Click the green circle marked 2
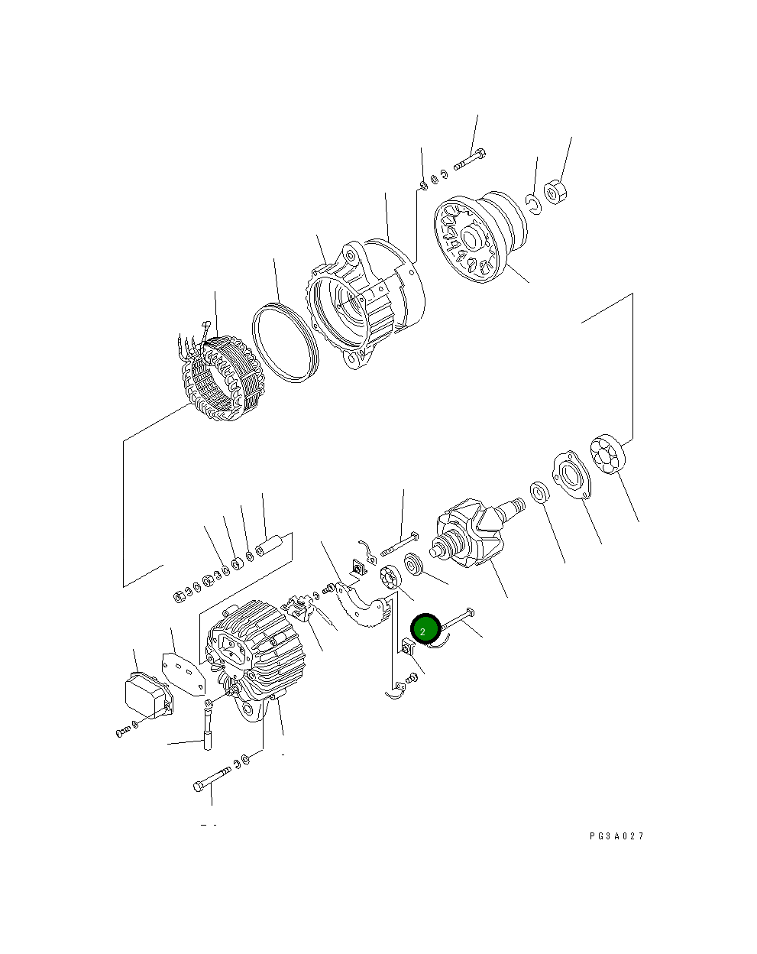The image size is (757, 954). click(x=425, y=630)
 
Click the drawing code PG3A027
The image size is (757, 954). click(x=616, y=836)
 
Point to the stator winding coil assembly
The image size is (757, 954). click(x=221, y=377)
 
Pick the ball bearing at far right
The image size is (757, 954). click(x=609, y=454)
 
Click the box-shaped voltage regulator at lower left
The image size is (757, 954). click(x=147, y=693)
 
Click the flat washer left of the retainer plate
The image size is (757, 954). click(x=539, y=492)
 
